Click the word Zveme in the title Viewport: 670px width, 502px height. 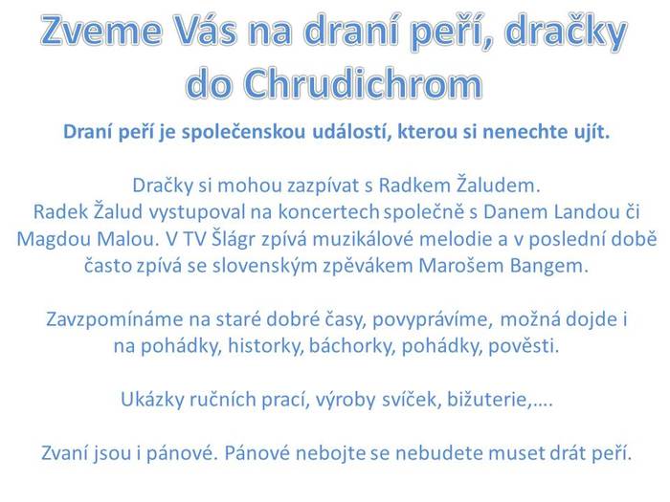pyautogui.click(x=101, y=31)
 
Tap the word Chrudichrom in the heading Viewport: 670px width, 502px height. pyautogui.click(x=364, y=83)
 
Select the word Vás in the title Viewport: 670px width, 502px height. pyautogui.click(x=207, y=31)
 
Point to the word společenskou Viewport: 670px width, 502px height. pyautogui.click(x=243, y=132)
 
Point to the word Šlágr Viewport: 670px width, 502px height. pyautogui.click(x=233, y=239)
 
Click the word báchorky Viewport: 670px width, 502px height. pyautogui.click(x=352, y=346)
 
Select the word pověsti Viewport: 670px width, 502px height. pyautogui.click(x=524, y=346)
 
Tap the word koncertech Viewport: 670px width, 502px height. pyautogui.click(x=329, y=212)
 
